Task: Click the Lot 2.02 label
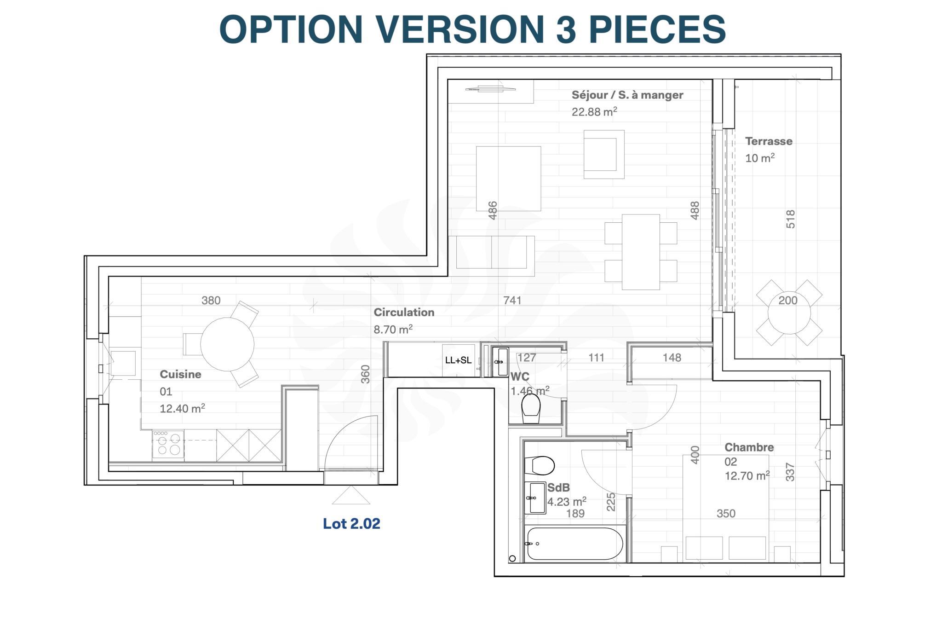coord(351,524)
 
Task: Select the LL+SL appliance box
coord(458,360)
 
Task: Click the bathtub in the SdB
coord(574,544)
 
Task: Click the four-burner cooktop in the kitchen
coord(168,444)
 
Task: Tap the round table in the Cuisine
coord(227,344)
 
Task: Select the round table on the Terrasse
coord(789,313)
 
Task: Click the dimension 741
coord(512,301)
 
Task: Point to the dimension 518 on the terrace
coord(790,219)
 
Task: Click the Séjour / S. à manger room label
coord(627,95)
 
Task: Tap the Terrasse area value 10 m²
coord(759,158)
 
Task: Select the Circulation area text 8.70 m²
coord(393,330)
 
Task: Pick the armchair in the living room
coord(603,154)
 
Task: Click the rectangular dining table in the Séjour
coord(640,252)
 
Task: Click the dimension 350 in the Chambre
coord(726,514)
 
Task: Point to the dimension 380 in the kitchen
coord(211,301)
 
